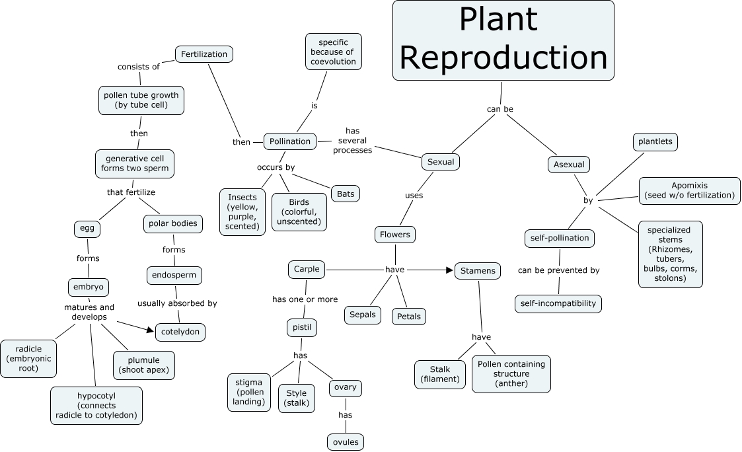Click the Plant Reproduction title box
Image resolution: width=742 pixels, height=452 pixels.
pos(503,40)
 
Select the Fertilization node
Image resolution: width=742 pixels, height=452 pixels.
pos(204,54)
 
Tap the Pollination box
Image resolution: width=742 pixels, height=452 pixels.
pos(289,141)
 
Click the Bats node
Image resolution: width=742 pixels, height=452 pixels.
pos(345,194)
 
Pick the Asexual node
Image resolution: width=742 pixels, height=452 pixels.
pos(568,164)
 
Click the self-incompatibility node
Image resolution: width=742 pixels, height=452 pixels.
pos(558,304)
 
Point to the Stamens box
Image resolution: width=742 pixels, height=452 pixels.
pos(477,270)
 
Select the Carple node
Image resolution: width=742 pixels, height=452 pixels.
pos(307,269)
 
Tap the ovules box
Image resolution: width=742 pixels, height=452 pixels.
pos(346,441)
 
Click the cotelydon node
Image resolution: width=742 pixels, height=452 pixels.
pos(180,332)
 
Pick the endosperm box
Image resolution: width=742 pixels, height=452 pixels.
pos(174,275)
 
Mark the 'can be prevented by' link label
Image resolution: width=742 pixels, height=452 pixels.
pos(558,270)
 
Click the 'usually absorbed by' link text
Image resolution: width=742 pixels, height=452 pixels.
pos(177,303)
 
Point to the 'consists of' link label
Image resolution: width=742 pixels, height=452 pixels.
pos(139,67)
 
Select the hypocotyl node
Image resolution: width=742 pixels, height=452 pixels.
pos(96,405)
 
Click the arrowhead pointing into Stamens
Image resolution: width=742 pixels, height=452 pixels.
pos(451,270)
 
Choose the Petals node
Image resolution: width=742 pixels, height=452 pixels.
pos(408,317)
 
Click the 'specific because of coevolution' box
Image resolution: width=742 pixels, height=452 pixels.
pos(334,52)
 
